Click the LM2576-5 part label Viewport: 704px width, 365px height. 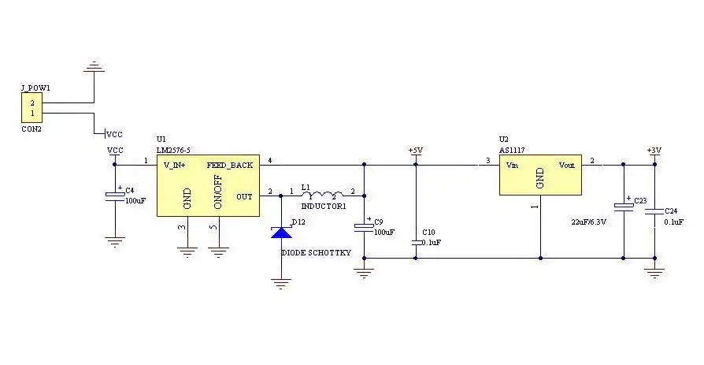click(174, 150)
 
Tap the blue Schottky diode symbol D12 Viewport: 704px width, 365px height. click(281, 233)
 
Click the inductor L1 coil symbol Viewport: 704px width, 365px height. click(321, 192)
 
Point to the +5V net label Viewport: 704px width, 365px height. click(415, 150)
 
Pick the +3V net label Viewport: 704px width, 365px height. click(654, 150)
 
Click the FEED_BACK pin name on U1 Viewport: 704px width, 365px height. click(230, 166)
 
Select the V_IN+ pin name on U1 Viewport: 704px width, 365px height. click(175, 166)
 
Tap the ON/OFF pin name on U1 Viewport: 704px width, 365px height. click(218, 192)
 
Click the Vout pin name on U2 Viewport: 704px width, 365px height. click(567, 166)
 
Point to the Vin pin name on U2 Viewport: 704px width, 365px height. click(512, 166)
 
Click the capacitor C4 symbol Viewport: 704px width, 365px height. click(115, 196)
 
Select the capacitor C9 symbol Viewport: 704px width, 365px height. click(364, 227)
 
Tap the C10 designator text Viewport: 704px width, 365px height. click(428, 233)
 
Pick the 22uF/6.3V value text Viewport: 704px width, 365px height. click(588, 222)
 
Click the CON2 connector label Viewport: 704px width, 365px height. click(31, 128)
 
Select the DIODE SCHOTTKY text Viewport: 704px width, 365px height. click(317, 254)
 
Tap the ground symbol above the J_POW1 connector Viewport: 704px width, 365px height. click(94, 68)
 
